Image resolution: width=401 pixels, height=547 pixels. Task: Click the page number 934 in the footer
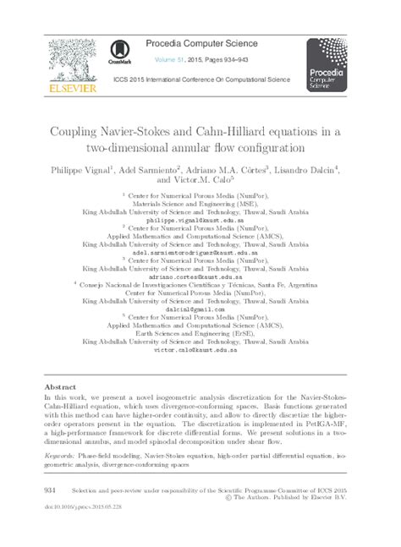coord(50,490)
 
